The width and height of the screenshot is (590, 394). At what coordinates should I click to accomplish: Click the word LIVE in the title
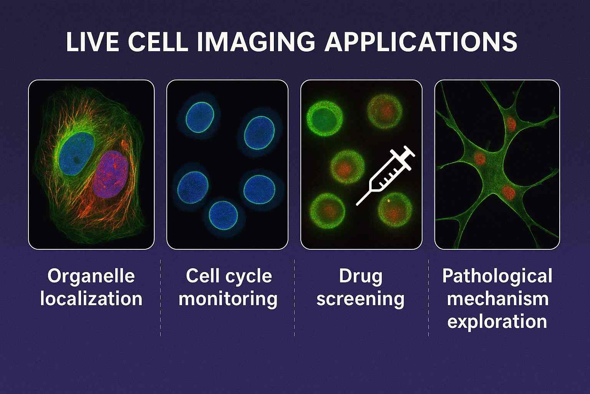[x=92, y=42]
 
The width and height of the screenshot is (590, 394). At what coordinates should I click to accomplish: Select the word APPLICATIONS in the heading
[x=421, y=42]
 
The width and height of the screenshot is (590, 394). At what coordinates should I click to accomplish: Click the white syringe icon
[x=385, y=175]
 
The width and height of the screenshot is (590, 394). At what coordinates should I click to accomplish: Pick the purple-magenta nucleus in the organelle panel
[x=111, y=174]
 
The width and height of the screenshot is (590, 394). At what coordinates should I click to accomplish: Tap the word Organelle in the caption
[x=91, y=276]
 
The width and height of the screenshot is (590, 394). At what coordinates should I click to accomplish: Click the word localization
[x=91, y=299]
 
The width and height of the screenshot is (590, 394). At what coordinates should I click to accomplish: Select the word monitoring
[x=228, y=299]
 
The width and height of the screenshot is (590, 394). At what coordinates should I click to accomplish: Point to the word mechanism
[x=497, y=299]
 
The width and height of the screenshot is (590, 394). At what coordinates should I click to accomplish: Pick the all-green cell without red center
[x=325, y=119]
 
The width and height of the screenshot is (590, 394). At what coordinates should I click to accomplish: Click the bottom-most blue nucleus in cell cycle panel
[x=223, y=215]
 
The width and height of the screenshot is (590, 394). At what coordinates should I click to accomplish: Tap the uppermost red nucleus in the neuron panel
[x=511, y=124]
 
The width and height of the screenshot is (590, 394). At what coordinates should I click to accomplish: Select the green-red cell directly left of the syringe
[x=348, y=167]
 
